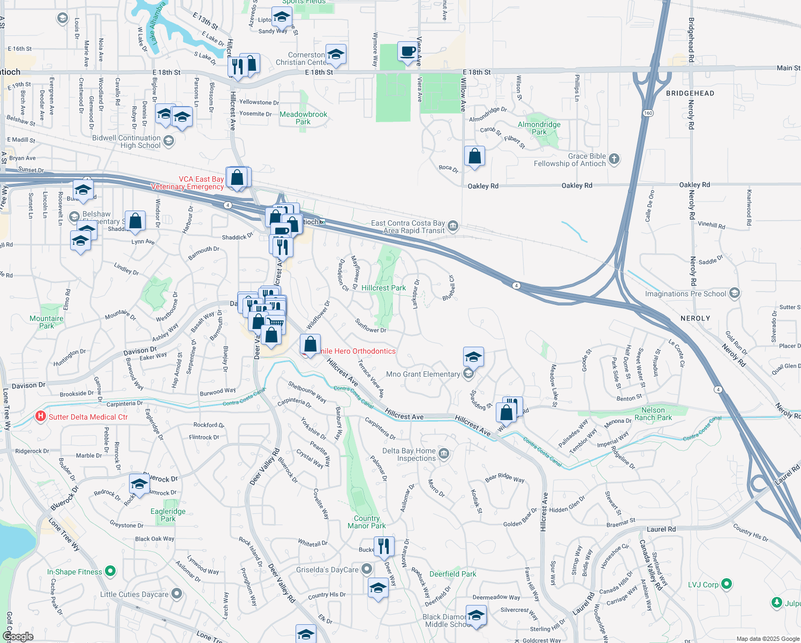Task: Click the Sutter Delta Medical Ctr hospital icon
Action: (40, 416)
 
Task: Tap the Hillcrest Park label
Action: (383, 288)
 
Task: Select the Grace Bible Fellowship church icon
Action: (614, 159)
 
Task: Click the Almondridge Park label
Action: (539, 128)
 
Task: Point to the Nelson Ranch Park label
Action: (653, 414)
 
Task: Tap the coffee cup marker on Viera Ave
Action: (408, 52)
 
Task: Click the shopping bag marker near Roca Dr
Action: (474, 156)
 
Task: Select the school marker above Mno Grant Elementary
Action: (473, 357)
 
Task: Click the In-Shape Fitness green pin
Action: (110, 571)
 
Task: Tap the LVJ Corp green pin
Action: (727, 584)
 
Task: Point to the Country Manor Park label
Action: (366, 522)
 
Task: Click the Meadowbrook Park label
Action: (303, 118)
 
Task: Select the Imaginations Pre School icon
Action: (735, 293)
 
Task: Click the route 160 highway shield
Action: (648, 113)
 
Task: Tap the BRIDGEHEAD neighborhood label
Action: (690, 93)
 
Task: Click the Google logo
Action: (18, 637)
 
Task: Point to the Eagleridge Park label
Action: (168, 515)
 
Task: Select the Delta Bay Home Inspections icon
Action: (444, 454)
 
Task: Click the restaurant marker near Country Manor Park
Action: (384, 547)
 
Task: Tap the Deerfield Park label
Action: (452, 574)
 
